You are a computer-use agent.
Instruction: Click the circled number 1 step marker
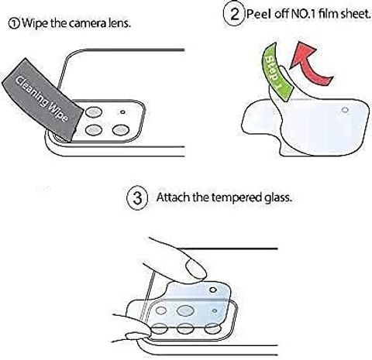[x=14, y=23]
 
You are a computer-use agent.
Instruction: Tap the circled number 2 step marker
[x=234, y=14]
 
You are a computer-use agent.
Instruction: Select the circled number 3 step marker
[x=137, y=198]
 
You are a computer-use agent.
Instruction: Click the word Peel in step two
[x=259, y=14]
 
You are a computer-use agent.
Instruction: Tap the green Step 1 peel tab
[x=276, y=72]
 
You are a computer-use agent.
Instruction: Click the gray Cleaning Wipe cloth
[x=43, y=100]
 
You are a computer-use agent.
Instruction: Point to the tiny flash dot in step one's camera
[x=122, y=112]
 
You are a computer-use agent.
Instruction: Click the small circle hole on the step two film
[x=345, y=110]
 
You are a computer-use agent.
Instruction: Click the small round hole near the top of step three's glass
[x=213, y=290]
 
